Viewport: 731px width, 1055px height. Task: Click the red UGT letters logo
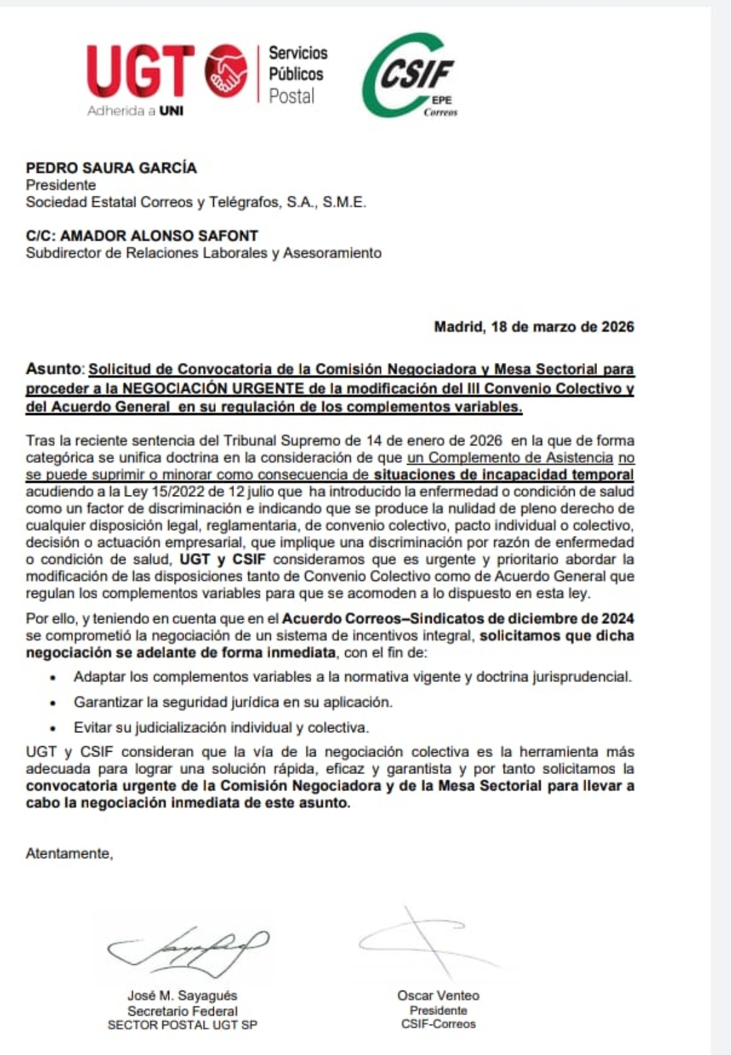(x=140, y=70)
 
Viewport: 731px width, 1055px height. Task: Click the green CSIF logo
(x=409, y=74)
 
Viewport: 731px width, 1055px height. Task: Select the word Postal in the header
(x=292, y=96)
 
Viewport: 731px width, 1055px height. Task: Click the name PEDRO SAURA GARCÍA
(x=111, y=168)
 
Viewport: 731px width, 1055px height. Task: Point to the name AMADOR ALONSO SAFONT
(x=159, y=236)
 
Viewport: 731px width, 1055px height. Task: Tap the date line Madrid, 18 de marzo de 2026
(x=534, y=326)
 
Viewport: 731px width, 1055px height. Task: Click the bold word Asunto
(x=53, y=369)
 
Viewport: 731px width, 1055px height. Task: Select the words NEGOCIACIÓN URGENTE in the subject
(x=213, y=388)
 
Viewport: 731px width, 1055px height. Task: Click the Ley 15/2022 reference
(x=158, y=492)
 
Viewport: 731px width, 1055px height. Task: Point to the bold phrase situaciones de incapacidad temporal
(x=504, y=475)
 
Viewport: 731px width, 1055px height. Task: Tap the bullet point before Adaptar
(x=53, y=677)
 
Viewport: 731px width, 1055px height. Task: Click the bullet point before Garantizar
(x=53, y=703)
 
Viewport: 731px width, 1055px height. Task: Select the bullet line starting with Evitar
(x=221, y=728)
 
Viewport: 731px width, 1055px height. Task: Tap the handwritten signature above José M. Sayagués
(x=189, y=950)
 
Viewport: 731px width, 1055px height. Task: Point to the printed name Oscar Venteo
(x=438, y=995)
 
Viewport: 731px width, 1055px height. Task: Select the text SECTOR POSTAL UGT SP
(x=182, y=1025)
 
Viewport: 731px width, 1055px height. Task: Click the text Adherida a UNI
(x=135, y=111)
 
